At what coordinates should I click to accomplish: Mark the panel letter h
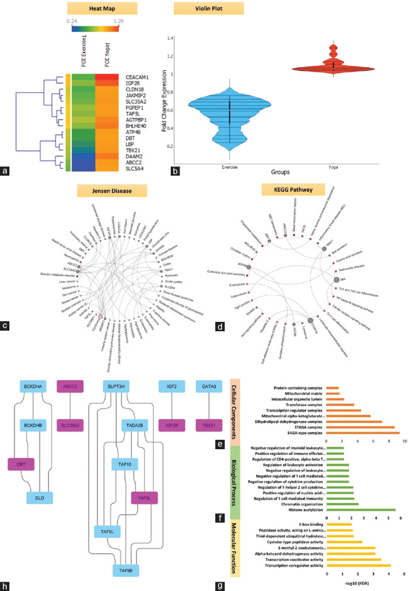coord(6,585)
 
